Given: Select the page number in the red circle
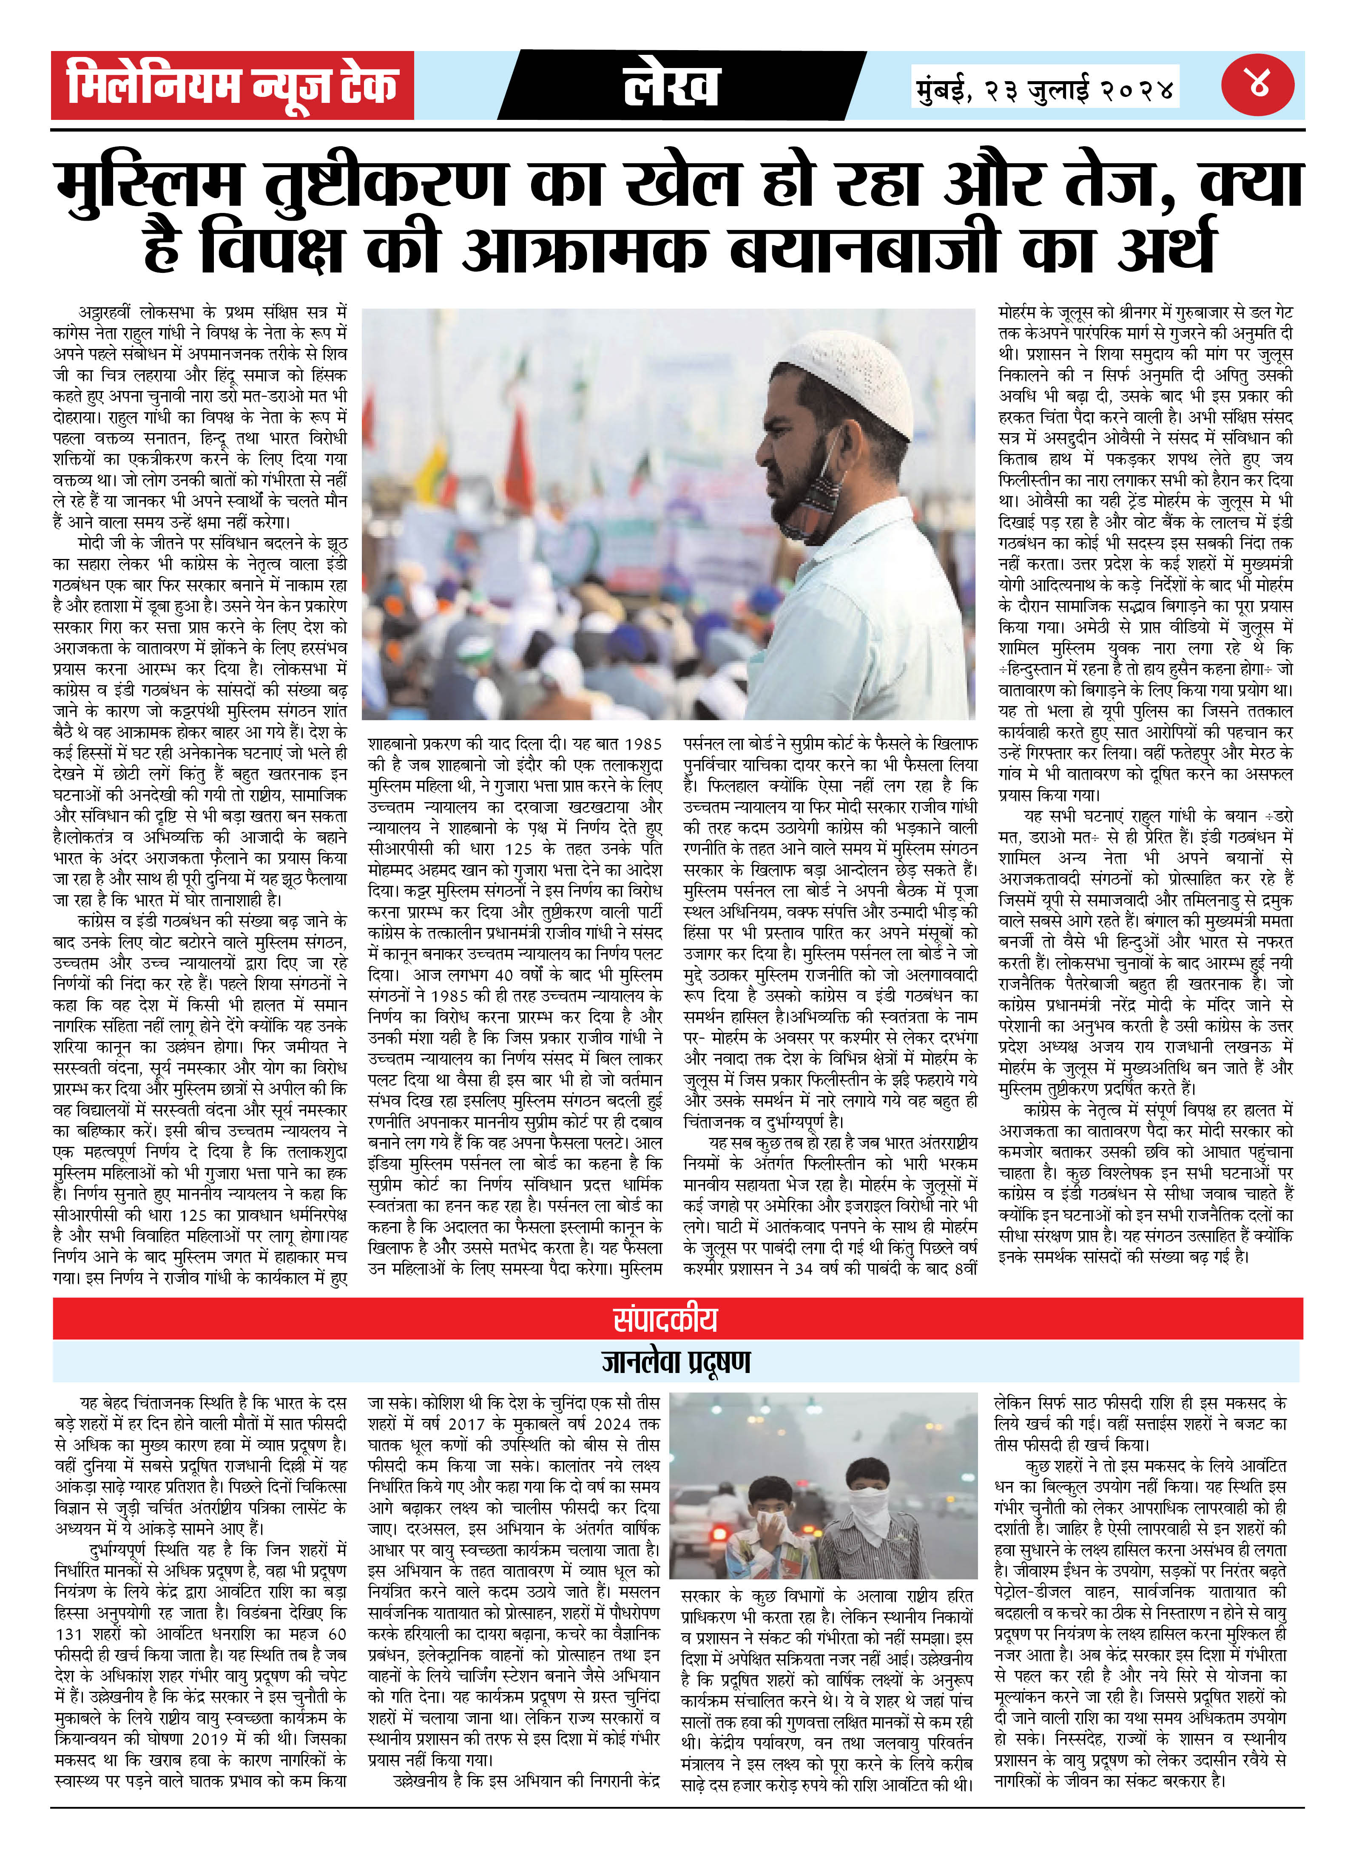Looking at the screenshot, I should pyautogui.click(x=1257, y=85).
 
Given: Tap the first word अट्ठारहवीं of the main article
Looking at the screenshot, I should pyautogui.click(x=105, y=313).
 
